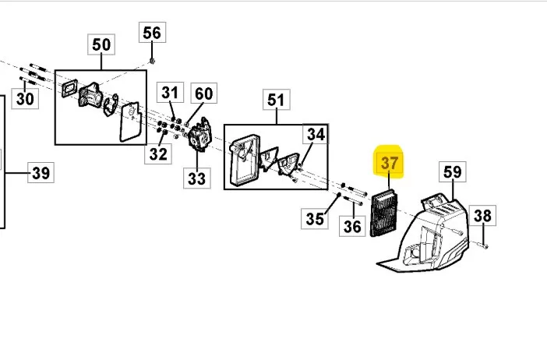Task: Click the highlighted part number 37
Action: [389, 163]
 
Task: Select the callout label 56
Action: [152, 33]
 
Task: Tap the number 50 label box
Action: [101, 44]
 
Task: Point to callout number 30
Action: [25, 98]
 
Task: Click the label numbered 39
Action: [41, 172]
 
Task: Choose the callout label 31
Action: [170, 93]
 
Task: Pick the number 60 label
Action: [203, 94]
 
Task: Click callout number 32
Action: [158, 154]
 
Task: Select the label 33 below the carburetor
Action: [197, 178]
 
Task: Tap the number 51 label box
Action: [277, 100]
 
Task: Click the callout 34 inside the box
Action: [316, 133]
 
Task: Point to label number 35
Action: [314, 219]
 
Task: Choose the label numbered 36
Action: [352, 226]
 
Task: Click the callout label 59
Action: [453, 171]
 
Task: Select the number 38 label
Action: [482, 215]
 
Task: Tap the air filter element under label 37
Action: [383, 213]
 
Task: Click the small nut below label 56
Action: [152, 61]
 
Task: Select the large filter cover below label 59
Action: [424, 235]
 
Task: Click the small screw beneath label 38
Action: [485, 247]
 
